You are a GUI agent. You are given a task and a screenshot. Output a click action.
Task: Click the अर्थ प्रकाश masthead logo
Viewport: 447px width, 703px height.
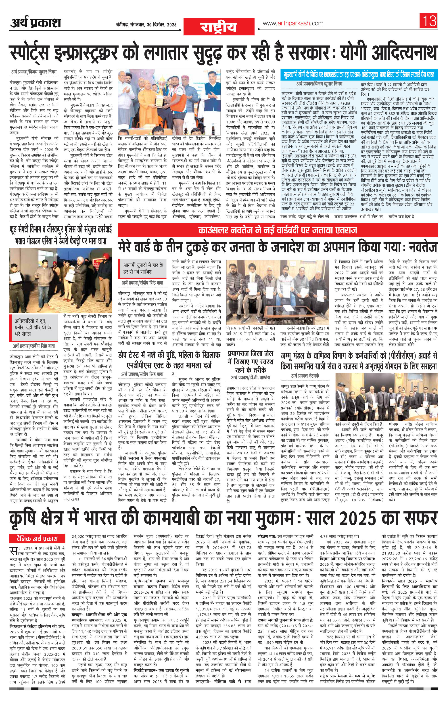coord(36,24)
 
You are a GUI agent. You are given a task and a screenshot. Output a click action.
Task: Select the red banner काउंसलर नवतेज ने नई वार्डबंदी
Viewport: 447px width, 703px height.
coord(277,230)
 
